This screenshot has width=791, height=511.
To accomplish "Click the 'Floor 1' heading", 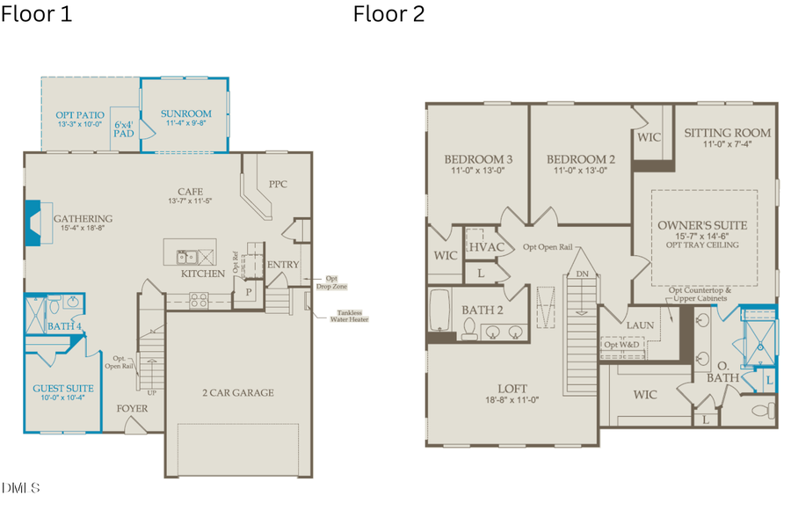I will tap(37, 14).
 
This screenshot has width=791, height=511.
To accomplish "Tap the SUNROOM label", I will tap(185, 113).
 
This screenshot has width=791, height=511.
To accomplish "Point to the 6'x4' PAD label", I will tap(124, 129).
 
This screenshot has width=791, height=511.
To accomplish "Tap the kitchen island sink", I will tap(186, 257).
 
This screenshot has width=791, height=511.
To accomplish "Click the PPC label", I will tap(278, 184).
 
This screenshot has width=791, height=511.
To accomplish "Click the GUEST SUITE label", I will tap(62, 388).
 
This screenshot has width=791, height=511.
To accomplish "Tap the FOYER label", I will tap(132, 409).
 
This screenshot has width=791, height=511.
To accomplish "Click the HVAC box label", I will tap(485, 247).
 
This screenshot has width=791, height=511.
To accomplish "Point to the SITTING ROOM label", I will tap(727, 133).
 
